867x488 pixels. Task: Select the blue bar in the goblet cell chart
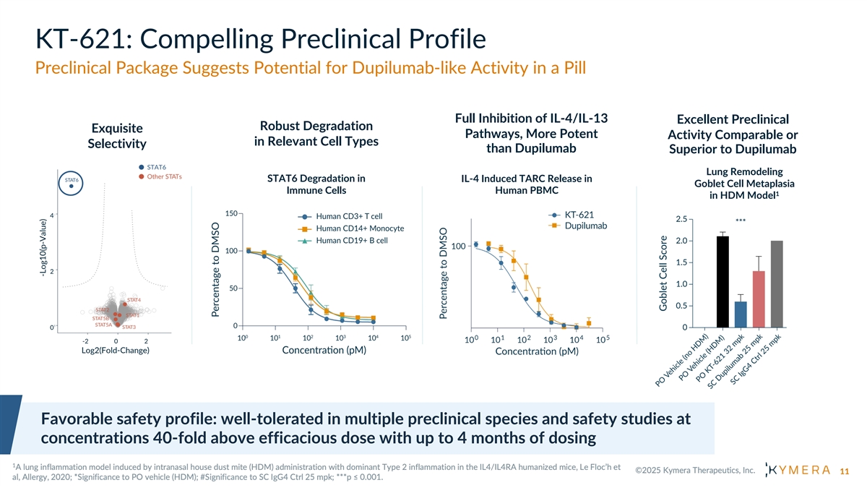coord(741,314)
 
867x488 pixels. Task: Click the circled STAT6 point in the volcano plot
coord(72,187)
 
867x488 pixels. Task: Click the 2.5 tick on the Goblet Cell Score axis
coord(681,219)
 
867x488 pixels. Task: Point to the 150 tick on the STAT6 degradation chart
coord(232,213)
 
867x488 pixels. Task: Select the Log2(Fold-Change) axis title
coord(116,351)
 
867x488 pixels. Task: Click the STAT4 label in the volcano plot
coord(134,299)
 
